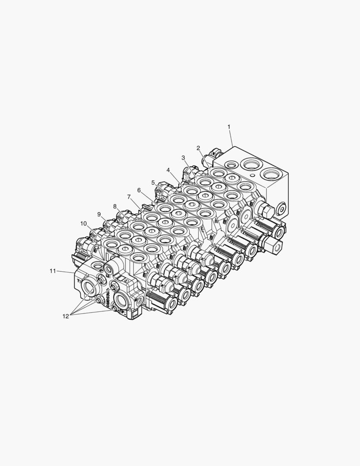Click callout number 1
coord(229,127)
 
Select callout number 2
coord(198,148)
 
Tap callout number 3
coord(183,157)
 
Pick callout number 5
coord(153,183)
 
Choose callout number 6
coord(139,190)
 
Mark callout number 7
coord(129,197)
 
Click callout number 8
coord(115,206)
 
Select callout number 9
coord(99,214)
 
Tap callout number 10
coord(83,224)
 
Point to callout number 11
coord(53,271)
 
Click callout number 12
coord(66,316)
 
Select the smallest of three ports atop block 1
coord(232,164)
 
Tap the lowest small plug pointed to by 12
coord(114,307)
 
